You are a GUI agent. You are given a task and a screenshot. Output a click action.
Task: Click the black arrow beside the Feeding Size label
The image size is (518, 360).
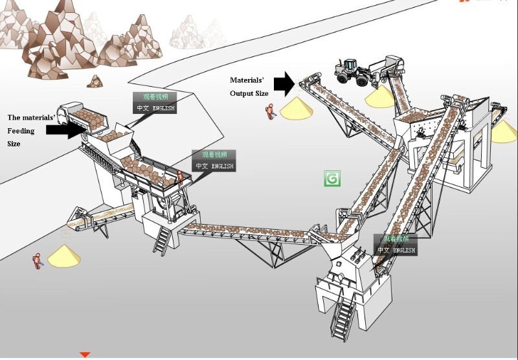(x=65, y=129)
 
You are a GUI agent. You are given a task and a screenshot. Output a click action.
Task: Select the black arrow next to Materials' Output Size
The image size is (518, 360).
(x=284, y=82)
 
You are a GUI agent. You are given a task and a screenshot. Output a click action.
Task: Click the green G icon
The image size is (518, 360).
(x=332, y=179)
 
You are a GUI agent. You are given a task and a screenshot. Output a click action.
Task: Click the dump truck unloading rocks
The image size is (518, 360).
(x=74, y=117)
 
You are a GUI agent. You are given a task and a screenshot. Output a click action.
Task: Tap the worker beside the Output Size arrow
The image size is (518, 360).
(x=269, y=111)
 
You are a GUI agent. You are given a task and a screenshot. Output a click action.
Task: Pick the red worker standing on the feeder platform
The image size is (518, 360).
(x=181, y=177)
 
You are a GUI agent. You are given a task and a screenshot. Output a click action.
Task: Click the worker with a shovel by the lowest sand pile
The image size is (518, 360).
(x=37, y=261)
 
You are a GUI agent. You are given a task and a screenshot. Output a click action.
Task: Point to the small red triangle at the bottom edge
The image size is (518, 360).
(x=85, y=355)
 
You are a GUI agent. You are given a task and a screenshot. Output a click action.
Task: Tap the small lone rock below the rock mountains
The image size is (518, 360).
(x=96, y=82)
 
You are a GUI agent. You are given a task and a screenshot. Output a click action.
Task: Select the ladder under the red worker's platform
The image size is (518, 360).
(x=162, y=240)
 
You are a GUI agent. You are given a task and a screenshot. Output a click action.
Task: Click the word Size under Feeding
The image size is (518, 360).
(x=14, y=144)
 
